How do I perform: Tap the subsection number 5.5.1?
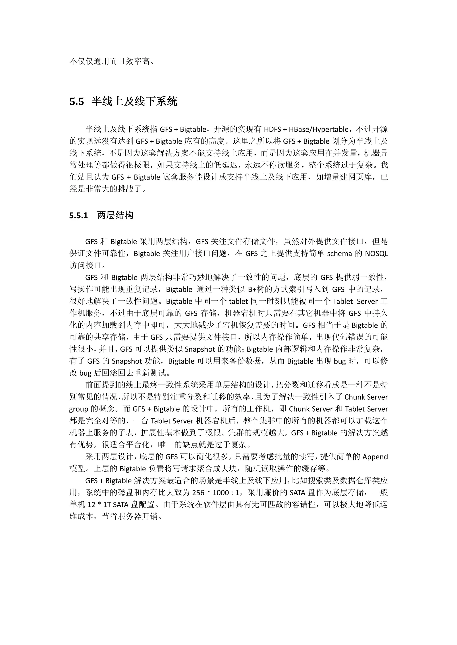pos(79,215)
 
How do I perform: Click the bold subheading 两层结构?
pos(115,215)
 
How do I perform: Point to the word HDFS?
pos(272,129)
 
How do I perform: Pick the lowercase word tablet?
pos(238,301)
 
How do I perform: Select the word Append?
pos(375,457)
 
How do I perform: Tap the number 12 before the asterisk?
pos(91,505)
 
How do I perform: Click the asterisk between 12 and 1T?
pos(99,505)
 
